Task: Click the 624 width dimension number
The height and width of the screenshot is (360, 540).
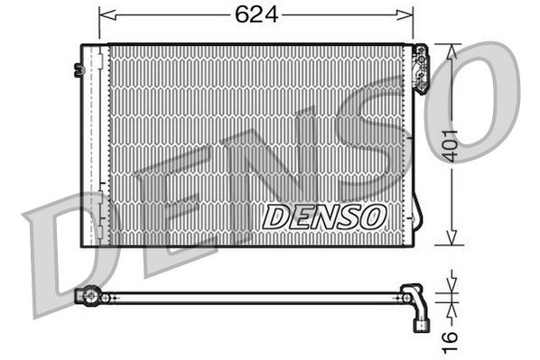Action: point(256,15)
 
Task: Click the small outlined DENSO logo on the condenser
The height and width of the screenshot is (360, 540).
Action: point(324,216)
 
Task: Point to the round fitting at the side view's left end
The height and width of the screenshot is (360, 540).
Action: point(88,296)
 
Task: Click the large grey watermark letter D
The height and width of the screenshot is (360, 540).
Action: point(63,253)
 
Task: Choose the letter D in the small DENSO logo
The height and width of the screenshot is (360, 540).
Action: point(274,217)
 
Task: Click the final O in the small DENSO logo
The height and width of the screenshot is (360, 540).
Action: point(375,216)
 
